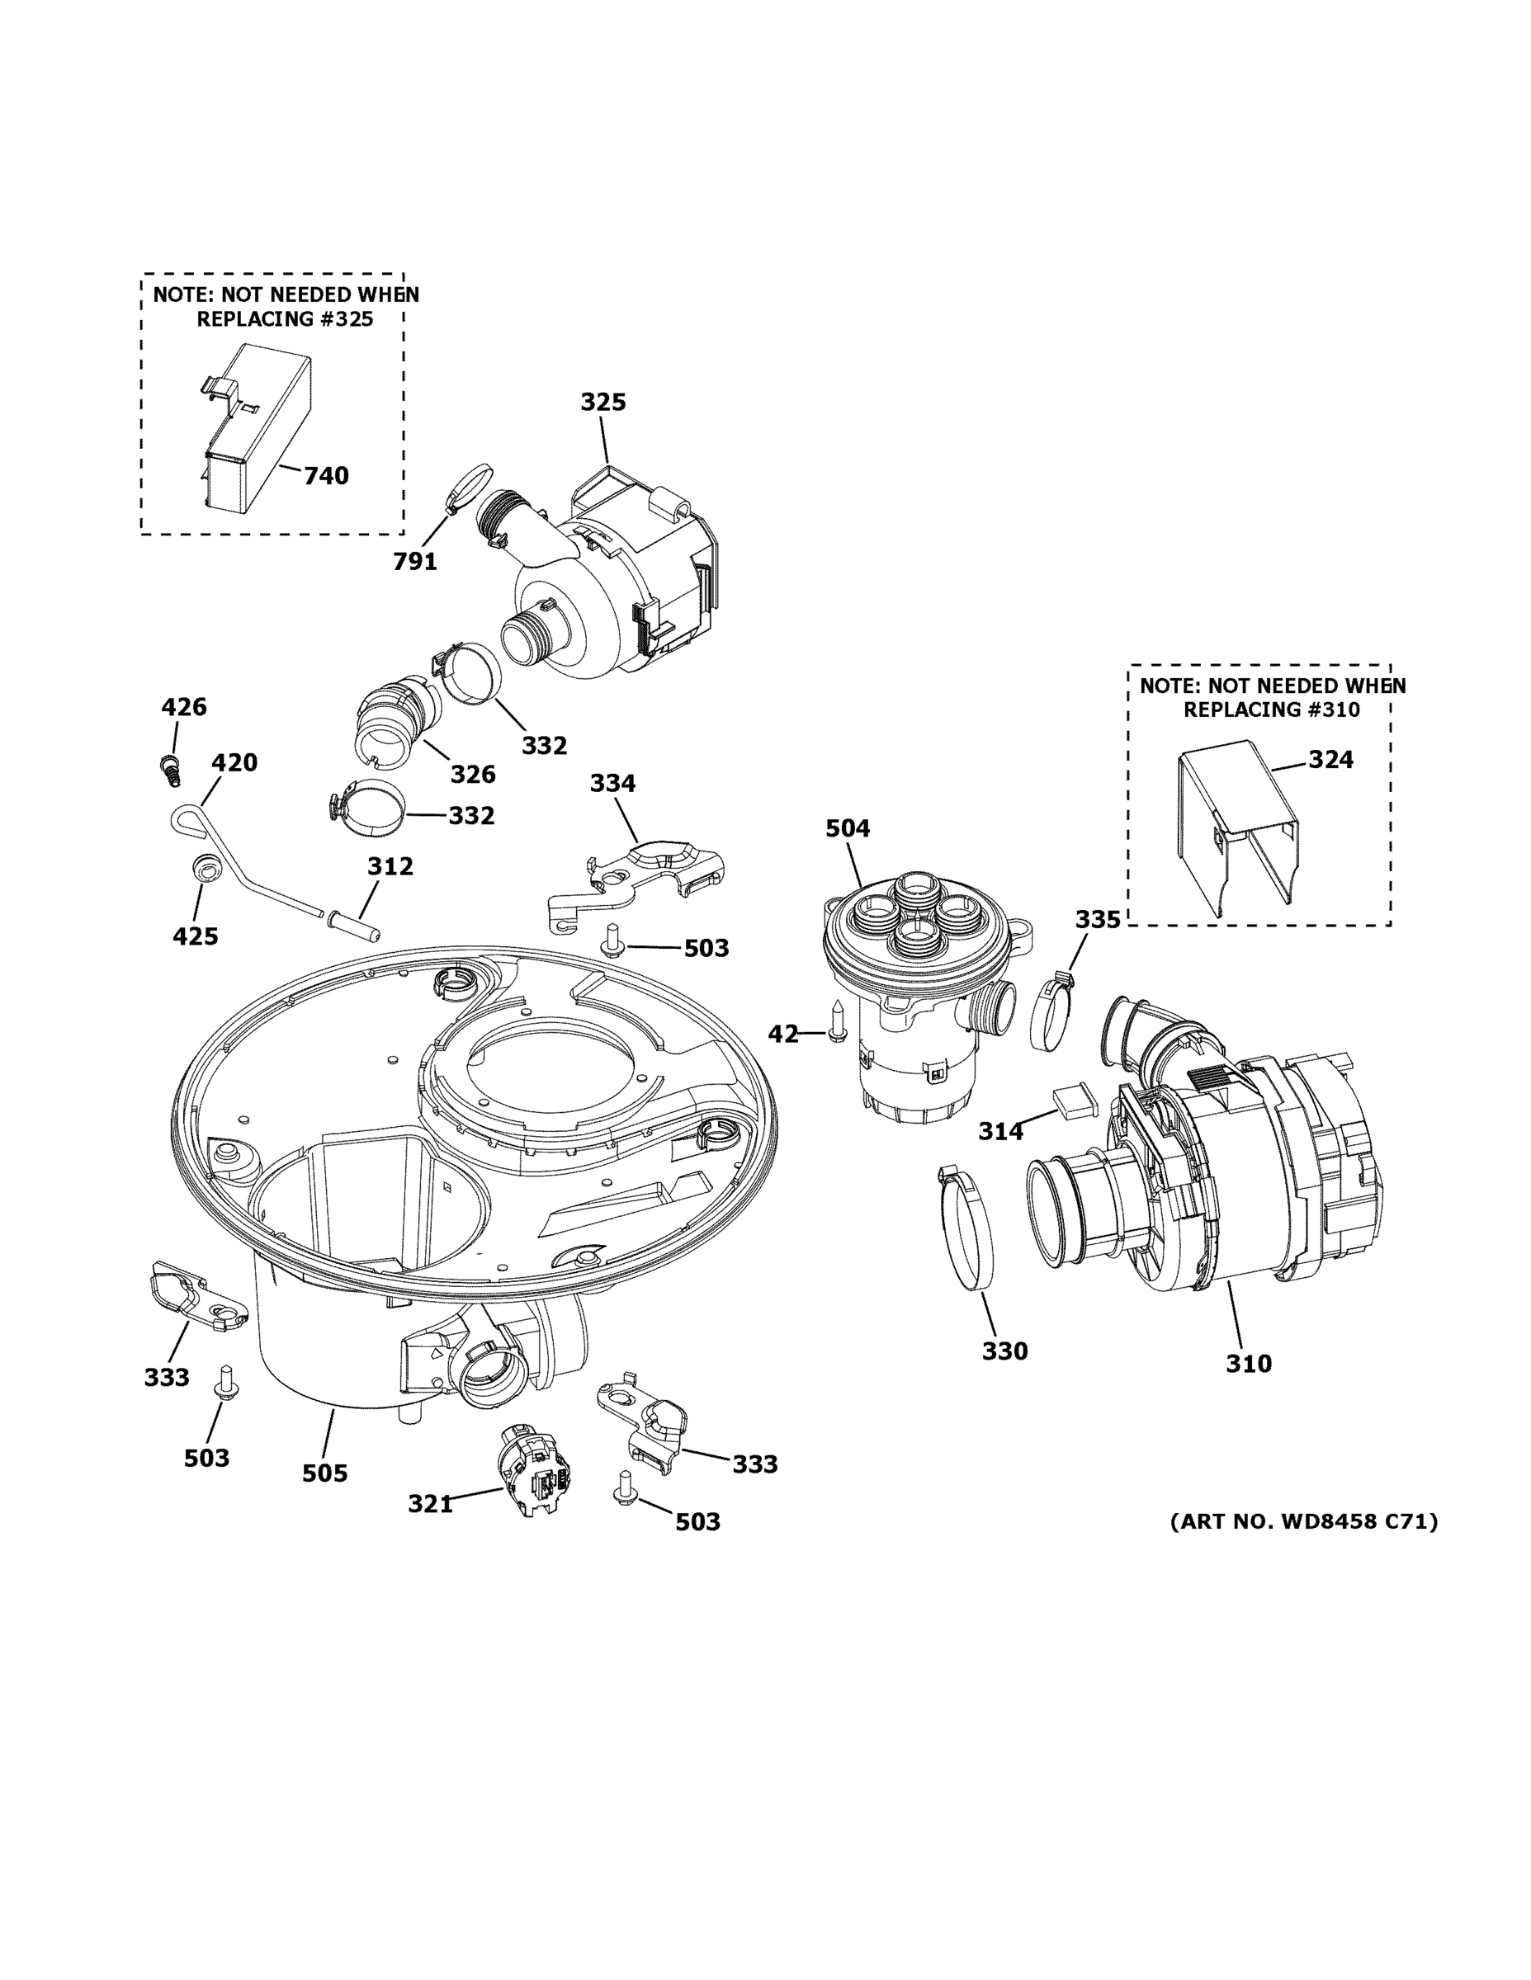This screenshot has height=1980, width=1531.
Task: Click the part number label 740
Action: click(x=326, y=475)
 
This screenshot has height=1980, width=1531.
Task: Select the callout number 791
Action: click(x=414, y=562)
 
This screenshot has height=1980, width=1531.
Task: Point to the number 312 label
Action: click(x=390, y=867)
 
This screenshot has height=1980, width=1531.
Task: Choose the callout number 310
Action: click(x=1248, y=1389)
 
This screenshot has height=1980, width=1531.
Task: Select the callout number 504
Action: click(x=847, y=827)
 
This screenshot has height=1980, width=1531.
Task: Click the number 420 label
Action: click(x=234, y=762)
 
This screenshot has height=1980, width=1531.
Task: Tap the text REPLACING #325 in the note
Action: click(x=285, y=319)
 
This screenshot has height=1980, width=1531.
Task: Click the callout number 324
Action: click(x=1330, y=759)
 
